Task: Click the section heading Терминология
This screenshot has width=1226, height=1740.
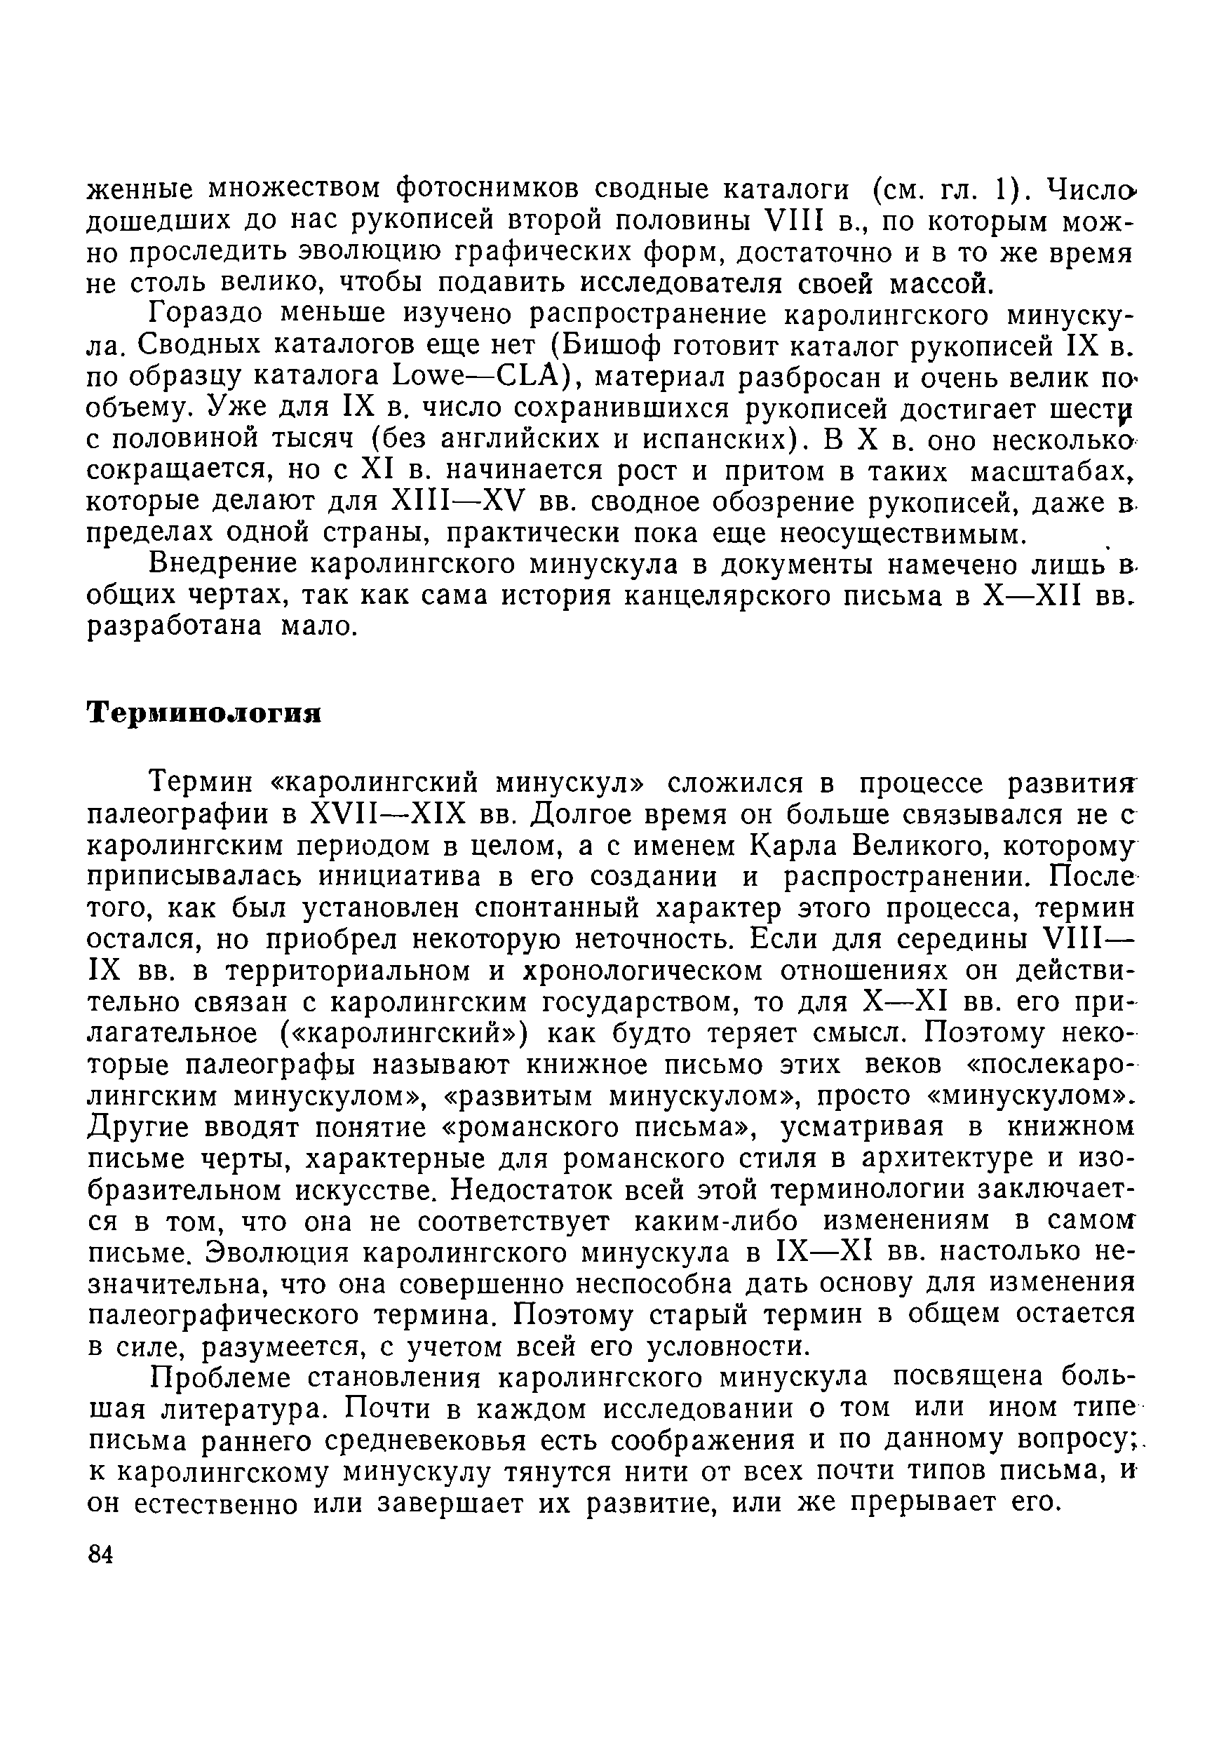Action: [205, 714]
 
